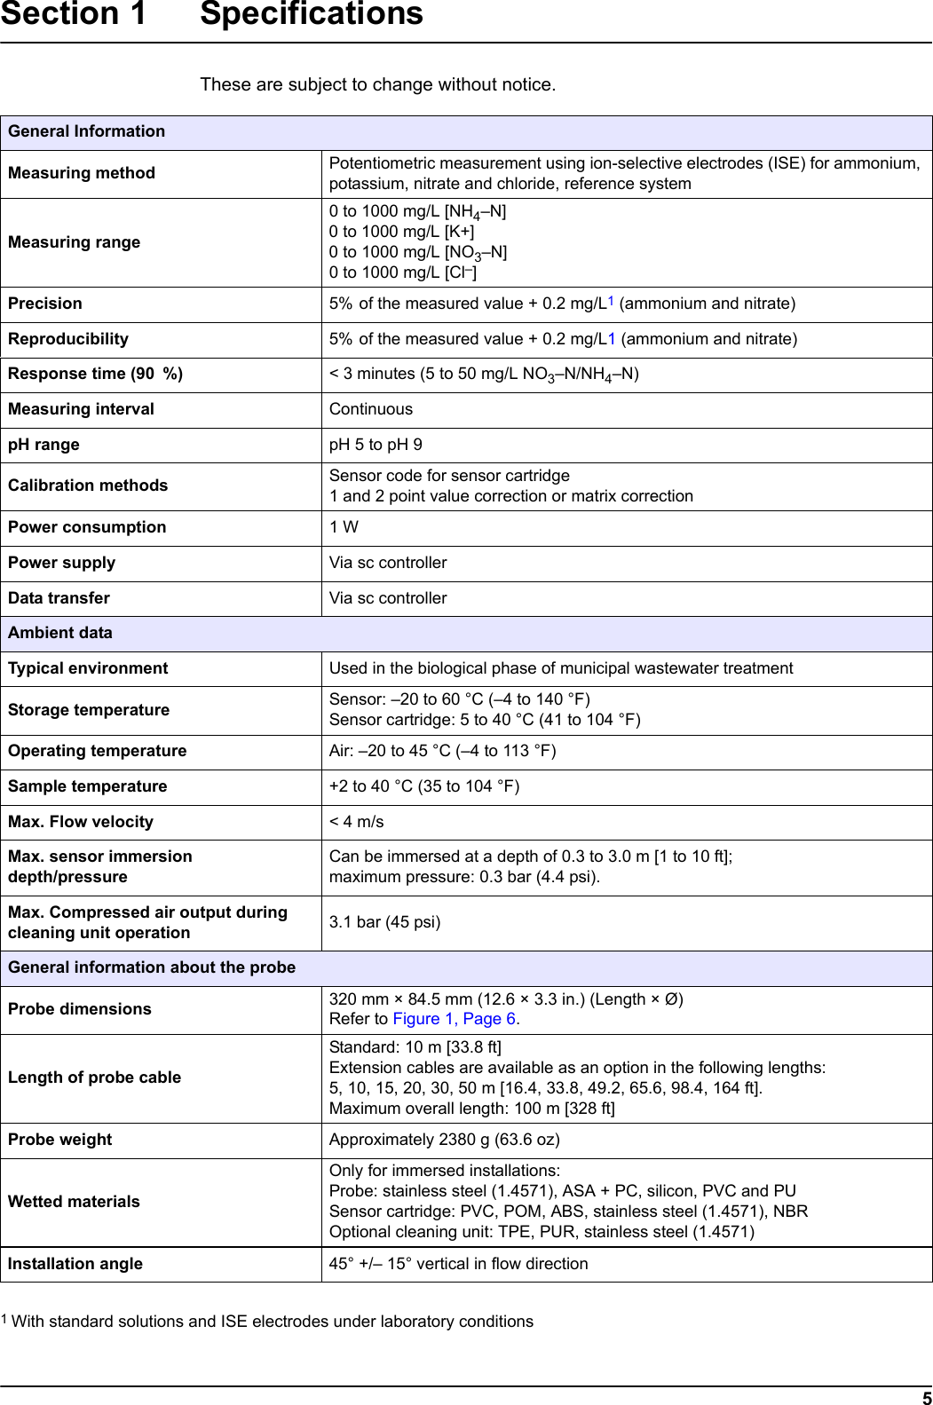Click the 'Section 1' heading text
(x=73, y=15)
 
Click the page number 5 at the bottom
(x=926, y=1397)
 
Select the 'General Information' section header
(x=87, y=131)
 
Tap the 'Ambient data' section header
(x=60, y=633)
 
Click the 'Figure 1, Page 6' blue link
(x=454, y=1019)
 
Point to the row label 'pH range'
(x=43, y=445)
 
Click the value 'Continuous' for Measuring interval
(x=371, y=409)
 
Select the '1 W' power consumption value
(x=344, y=527)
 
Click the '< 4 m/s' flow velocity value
(x=357, y=822)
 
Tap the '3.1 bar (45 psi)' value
(x=384, y=922)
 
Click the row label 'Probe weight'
(x=60, y=1140)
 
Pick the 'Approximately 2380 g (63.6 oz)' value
(x=444, y=1140)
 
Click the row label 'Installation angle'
(x=75, y=1264)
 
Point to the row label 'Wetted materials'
(x=74, y=1202)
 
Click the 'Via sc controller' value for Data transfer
(x=388, y=598)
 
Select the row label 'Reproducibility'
(x=68, y=339)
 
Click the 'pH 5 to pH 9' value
(x=376, y=445)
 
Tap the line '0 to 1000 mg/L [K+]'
(x=401, y=232)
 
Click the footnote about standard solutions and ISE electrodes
(x=272, y=1322)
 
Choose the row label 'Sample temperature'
(x=88, y=786)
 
